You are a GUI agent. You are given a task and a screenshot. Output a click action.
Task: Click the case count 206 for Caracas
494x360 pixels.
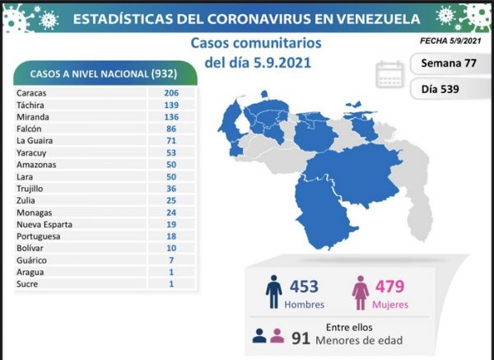click(171, 93)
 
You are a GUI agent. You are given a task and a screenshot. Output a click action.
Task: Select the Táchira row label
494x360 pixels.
click(30, 105)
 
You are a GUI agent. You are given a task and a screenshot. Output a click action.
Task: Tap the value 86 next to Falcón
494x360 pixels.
click(171, 129)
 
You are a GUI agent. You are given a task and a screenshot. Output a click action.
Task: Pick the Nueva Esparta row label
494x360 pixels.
click(44, 224)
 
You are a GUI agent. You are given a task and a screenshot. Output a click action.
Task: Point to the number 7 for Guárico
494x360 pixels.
click(171, 260)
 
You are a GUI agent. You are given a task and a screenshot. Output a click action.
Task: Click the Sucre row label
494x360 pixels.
click(27, 284)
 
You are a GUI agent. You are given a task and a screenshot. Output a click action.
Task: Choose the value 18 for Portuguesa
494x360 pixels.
click(171, 236)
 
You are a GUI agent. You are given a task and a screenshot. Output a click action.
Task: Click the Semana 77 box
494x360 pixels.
click(449, 63)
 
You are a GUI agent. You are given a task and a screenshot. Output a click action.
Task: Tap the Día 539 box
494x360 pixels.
click(449, 89)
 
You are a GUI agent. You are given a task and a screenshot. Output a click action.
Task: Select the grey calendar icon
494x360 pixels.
click(389, 75)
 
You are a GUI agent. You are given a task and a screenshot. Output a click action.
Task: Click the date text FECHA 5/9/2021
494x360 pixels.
click(450, 40)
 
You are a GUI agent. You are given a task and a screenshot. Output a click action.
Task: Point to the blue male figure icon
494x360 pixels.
click(273, 292)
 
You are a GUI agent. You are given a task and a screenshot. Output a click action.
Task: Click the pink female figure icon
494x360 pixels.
click(361, 292)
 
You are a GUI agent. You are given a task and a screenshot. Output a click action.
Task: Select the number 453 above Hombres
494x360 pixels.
click(304, 286)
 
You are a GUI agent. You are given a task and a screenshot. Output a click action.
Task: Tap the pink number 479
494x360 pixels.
click(389, 286)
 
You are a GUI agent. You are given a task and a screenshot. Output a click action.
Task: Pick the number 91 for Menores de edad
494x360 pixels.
click(301, 339)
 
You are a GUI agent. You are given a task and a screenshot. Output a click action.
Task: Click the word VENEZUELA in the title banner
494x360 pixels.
click(378, 19)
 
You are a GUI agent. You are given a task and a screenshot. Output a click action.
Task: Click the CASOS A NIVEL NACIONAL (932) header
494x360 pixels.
click(104, 74)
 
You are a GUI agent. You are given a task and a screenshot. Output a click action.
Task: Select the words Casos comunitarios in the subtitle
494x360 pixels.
click(256, 43)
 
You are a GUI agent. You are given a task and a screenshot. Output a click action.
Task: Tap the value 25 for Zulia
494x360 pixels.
click(171, 200)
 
